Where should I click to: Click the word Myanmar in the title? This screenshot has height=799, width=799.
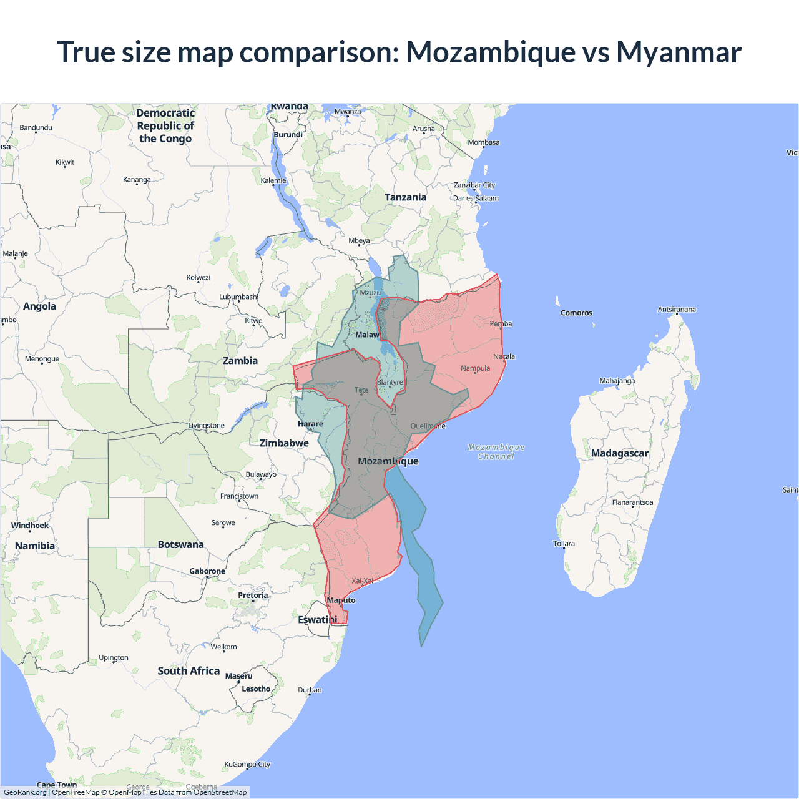[x=679, y=52]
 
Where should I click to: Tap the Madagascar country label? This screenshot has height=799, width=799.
[x=619, y=453]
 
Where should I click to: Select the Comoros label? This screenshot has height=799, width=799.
[x=576, y=313]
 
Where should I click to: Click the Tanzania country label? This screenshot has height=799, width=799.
[x=405, y=197]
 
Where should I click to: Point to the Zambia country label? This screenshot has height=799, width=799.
[x=240, y=361]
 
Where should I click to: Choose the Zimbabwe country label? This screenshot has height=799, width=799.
[x=284, y=443]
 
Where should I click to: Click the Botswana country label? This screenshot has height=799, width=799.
[x=180, y=544]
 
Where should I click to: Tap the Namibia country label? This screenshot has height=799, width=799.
[x=35, y=546]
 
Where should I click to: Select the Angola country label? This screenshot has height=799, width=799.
[x=39, y=306]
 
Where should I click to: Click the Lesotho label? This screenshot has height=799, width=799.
[x=256, y=689]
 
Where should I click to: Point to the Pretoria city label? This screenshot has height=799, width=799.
[x=253, y=595]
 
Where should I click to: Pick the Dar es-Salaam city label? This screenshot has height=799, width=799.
[x=476, y=198]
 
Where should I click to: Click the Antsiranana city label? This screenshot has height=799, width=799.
[x=677, y=310]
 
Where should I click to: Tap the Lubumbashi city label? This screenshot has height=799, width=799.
[x=238, y=297]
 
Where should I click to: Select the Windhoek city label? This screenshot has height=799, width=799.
[x=30, y=526]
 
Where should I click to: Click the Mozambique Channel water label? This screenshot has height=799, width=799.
[x=496, y=452]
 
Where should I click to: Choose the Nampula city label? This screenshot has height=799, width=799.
[x=475, y=368]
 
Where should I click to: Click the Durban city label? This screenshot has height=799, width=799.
[x=310, y=690]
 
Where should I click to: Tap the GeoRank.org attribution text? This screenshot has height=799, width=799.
[x=25, y=792]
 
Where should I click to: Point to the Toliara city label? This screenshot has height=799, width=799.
[x=564, y=544]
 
